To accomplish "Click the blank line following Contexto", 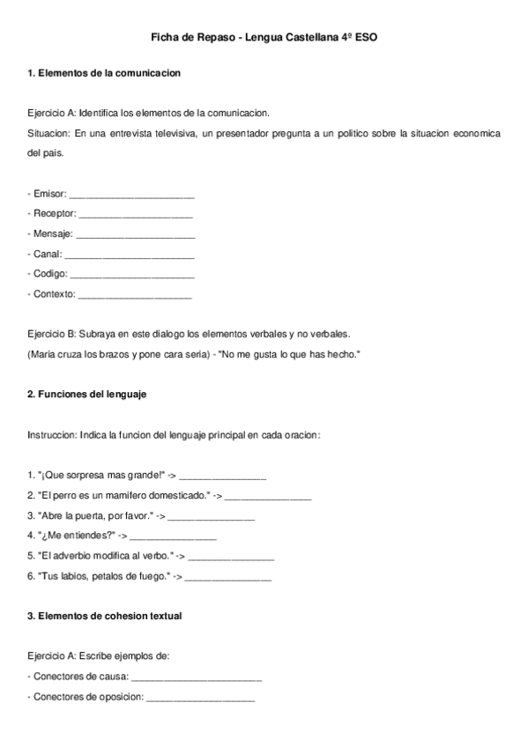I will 135,296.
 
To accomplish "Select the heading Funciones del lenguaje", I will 86,395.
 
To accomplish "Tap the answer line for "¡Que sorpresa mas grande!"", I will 222,477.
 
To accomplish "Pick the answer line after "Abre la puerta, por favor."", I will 211,516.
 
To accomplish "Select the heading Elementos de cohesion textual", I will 104,617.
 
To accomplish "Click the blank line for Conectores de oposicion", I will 200,698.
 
